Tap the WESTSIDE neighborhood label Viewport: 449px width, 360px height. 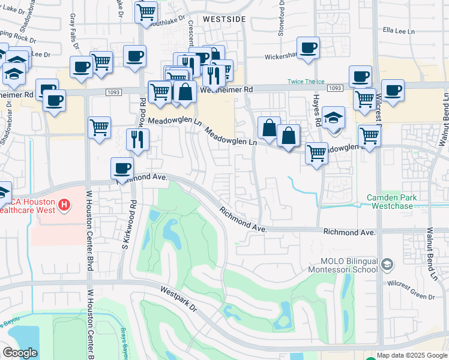(224, 19)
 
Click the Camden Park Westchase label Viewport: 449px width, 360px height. (393, 201)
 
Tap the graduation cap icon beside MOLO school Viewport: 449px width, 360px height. (387, 264)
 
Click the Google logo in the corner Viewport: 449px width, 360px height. (19, 353)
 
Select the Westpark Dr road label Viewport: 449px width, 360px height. (179, 298)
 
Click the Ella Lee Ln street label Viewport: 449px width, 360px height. (399, 30)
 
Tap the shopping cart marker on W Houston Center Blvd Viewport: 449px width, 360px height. (99, 127)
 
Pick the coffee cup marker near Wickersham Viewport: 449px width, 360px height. (308, 47)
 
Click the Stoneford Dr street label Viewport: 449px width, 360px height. (281, 18)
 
